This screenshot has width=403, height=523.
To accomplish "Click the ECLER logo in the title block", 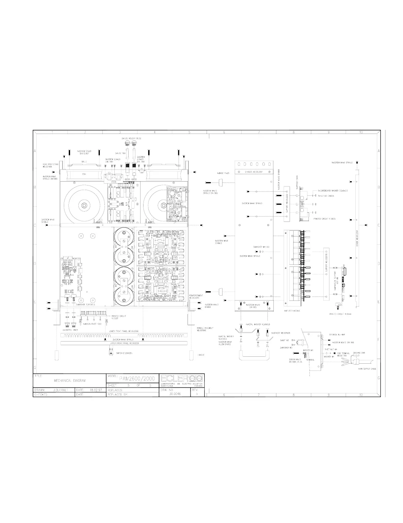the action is pyautogui.click(x=182, y=378).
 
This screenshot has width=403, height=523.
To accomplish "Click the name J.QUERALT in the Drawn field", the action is pyautogui.click(x=60, y=390).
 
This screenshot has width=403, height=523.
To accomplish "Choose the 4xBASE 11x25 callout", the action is pyautogui.click(x=223, y=173).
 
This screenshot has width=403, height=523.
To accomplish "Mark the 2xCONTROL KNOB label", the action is pyautogui.click(x=70, y=330).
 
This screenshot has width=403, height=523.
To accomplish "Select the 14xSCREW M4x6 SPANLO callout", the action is pyautogui.click(x=342, y=163).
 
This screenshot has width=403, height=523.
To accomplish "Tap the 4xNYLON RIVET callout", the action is pyautogui.click(x=92, y=324).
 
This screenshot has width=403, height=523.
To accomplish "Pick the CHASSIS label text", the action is pyautogui.click(x=253, y=172).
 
